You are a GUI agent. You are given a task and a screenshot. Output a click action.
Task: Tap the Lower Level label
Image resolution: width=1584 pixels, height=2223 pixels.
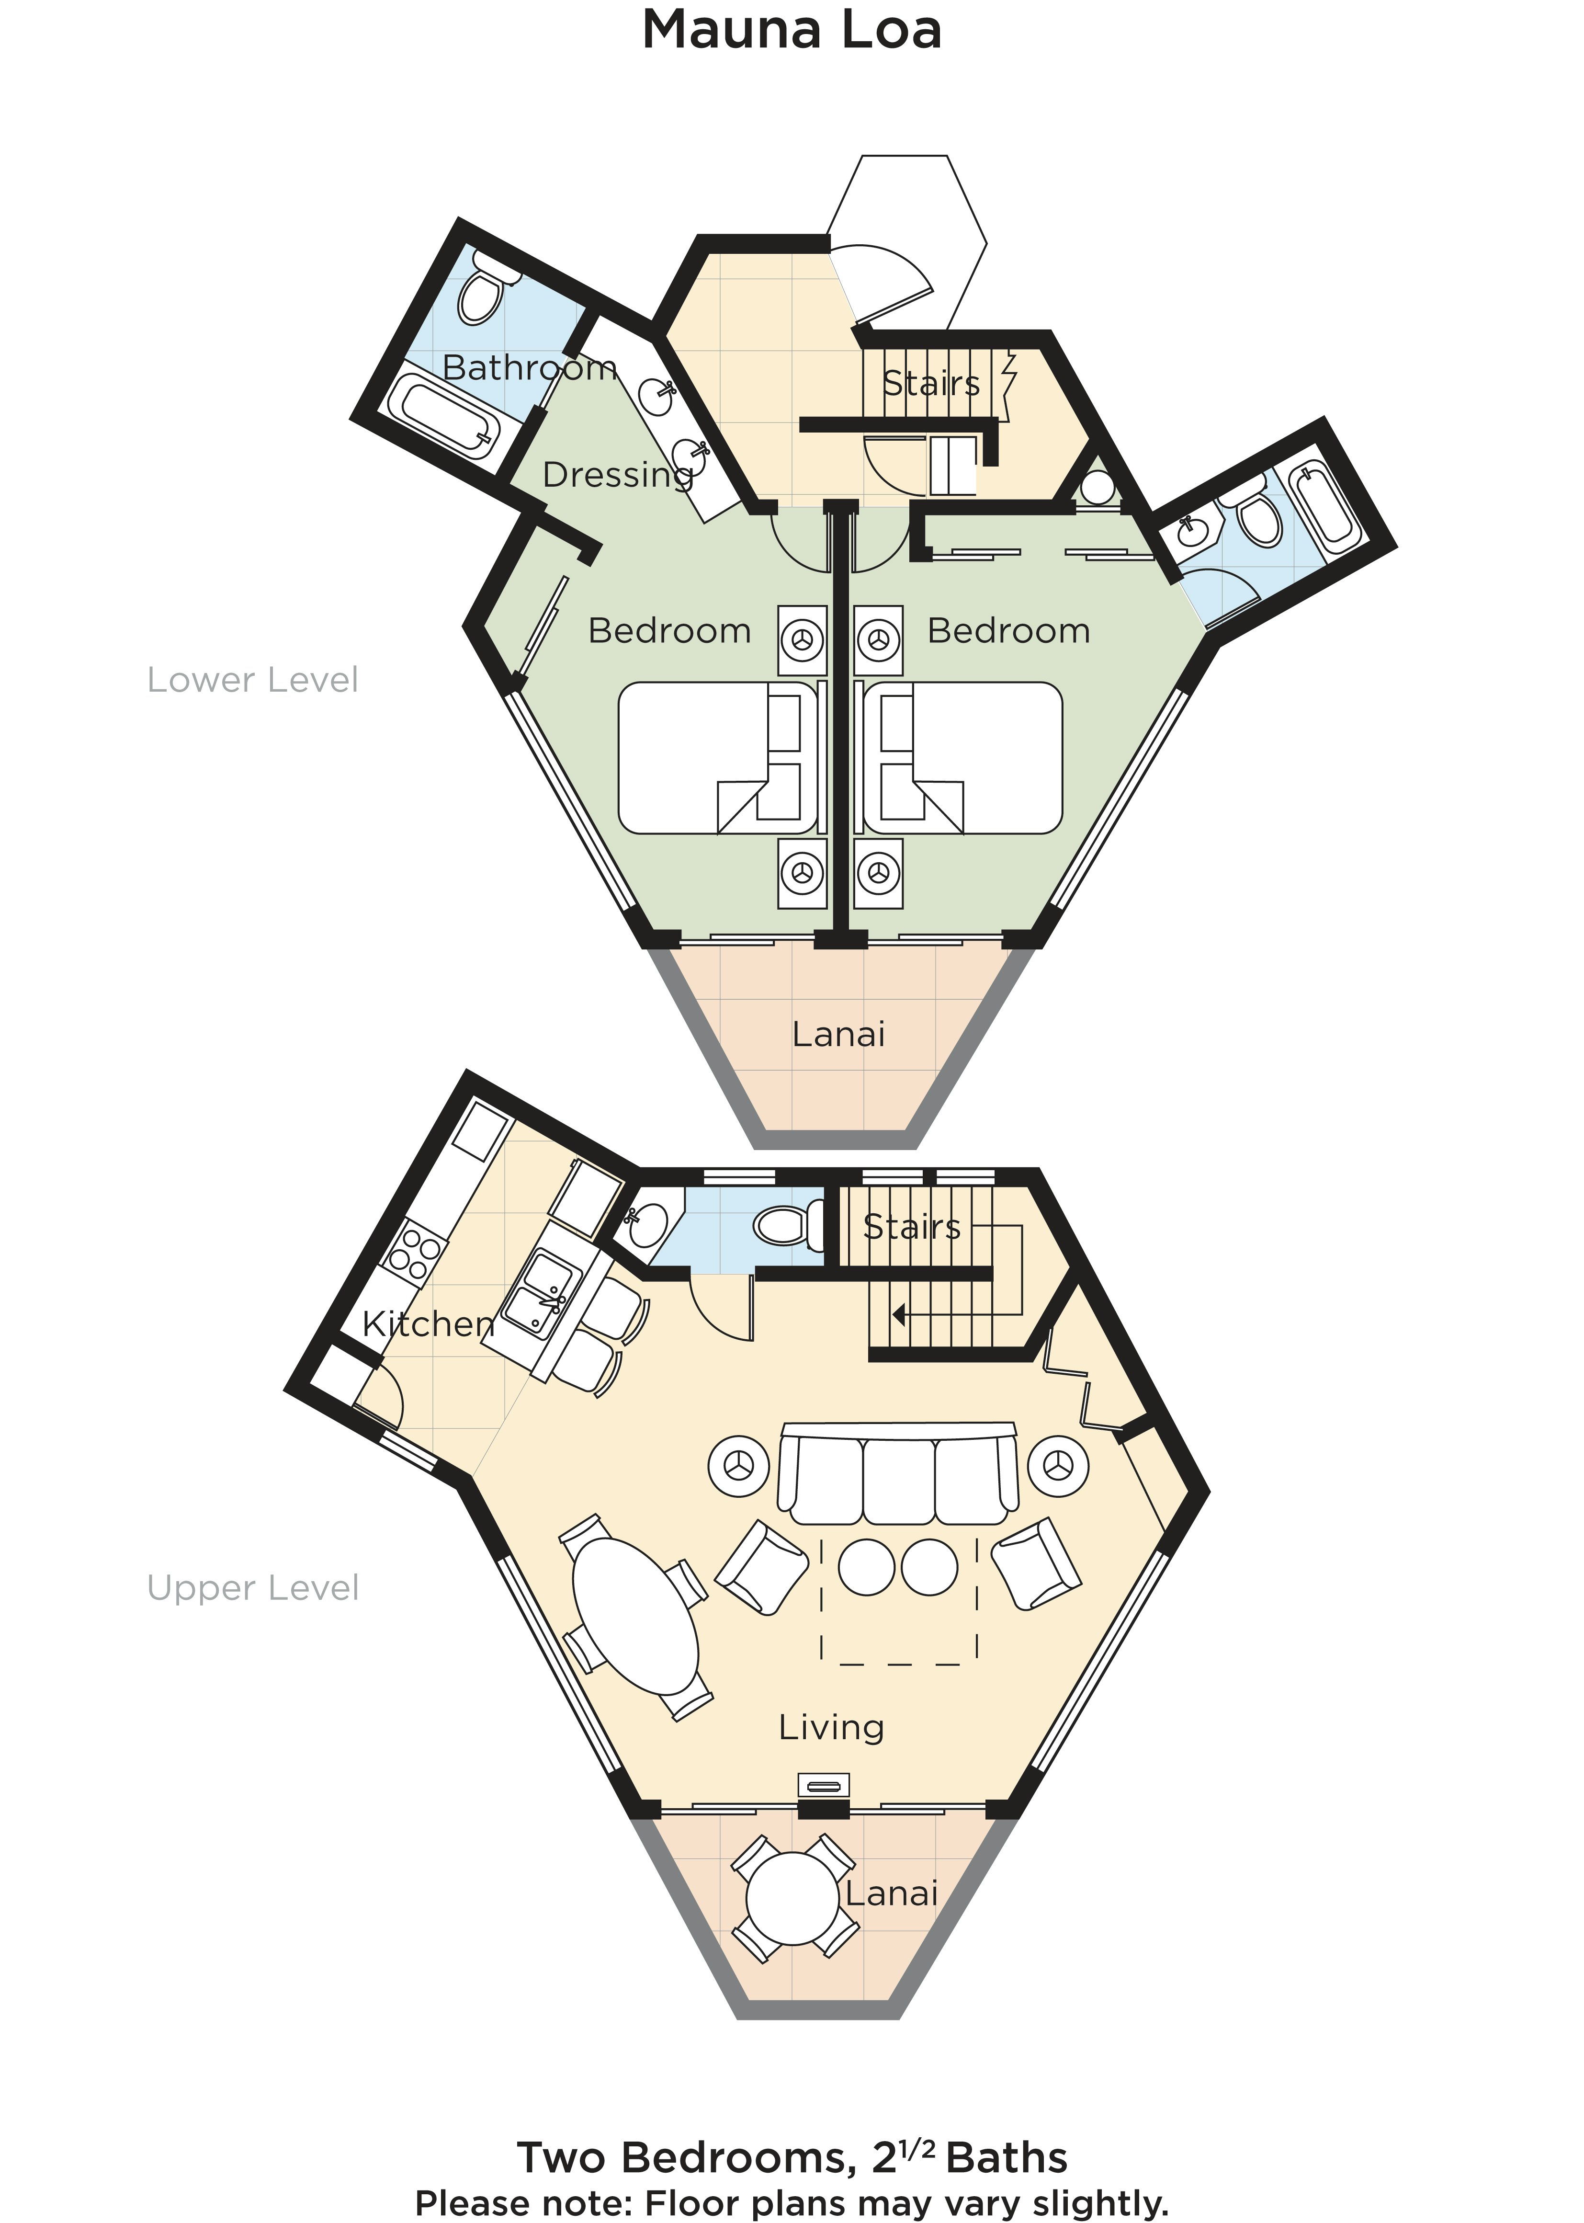[x=253, y=680]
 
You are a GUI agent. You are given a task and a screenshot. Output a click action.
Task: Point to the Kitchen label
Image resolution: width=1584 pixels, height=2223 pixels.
[x=428, y=1323]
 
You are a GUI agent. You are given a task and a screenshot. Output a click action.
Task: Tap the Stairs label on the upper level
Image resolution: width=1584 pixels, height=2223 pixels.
[x=912, y=1227]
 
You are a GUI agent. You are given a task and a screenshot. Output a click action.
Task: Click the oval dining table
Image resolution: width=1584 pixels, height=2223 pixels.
[x=635, y=1616]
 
